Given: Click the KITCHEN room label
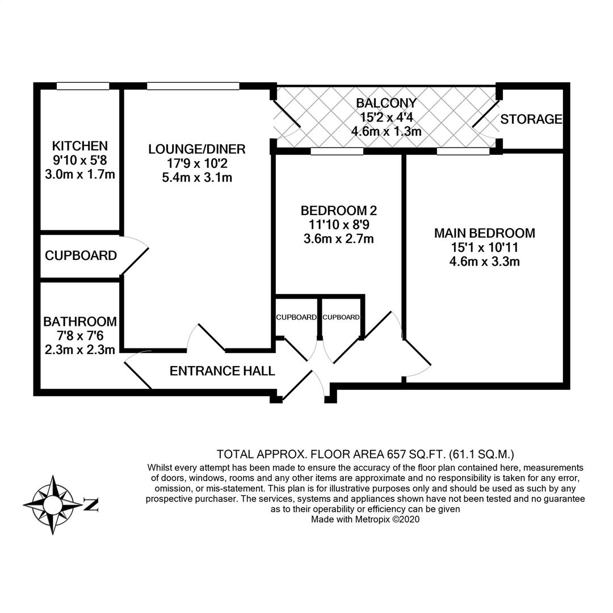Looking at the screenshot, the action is pyautogui.click(x=79, y=146).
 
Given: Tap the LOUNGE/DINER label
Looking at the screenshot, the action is pyautogui.click(x=197, y=149).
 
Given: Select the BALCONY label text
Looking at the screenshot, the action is pyautogui.click(x=386, y=103).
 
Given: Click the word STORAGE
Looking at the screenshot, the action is pyautogui.click(x=531, y=119).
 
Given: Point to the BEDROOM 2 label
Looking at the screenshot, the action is pyautogui.click(x=339, y=211).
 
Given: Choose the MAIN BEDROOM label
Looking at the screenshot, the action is pyautogui.click(x=484, y=233).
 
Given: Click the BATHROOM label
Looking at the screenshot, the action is pyautogui.click(x=79, y=322).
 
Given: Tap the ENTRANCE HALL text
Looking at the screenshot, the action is pyautogui.click(x=222, y=371).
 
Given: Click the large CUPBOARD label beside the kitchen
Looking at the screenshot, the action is pyautogui.click(x=81, y=256).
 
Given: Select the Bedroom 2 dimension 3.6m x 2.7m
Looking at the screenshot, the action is pyautogui.click(x=339, y=239).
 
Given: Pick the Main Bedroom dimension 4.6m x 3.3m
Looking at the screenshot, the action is pyautogui.click(x=484, y=262).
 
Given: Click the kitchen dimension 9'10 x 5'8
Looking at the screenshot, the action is pyautogui.click(x=79, y=160).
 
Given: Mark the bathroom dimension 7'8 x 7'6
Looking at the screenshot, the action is pyautogui.click(x=79, y=336).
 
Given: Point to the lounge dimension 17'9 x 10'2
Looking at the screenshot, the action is pyautogui.click(x=197, y=163).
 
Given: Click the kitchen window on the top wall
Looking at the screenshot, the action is pyautogui.click(x=83, y=86).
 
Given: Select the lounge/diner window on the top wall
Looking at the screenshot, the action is pyautogui.click(x=193, y=86).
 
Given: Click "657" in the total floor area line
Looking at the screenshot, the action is pyautogui.click(x=398, y=454).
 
